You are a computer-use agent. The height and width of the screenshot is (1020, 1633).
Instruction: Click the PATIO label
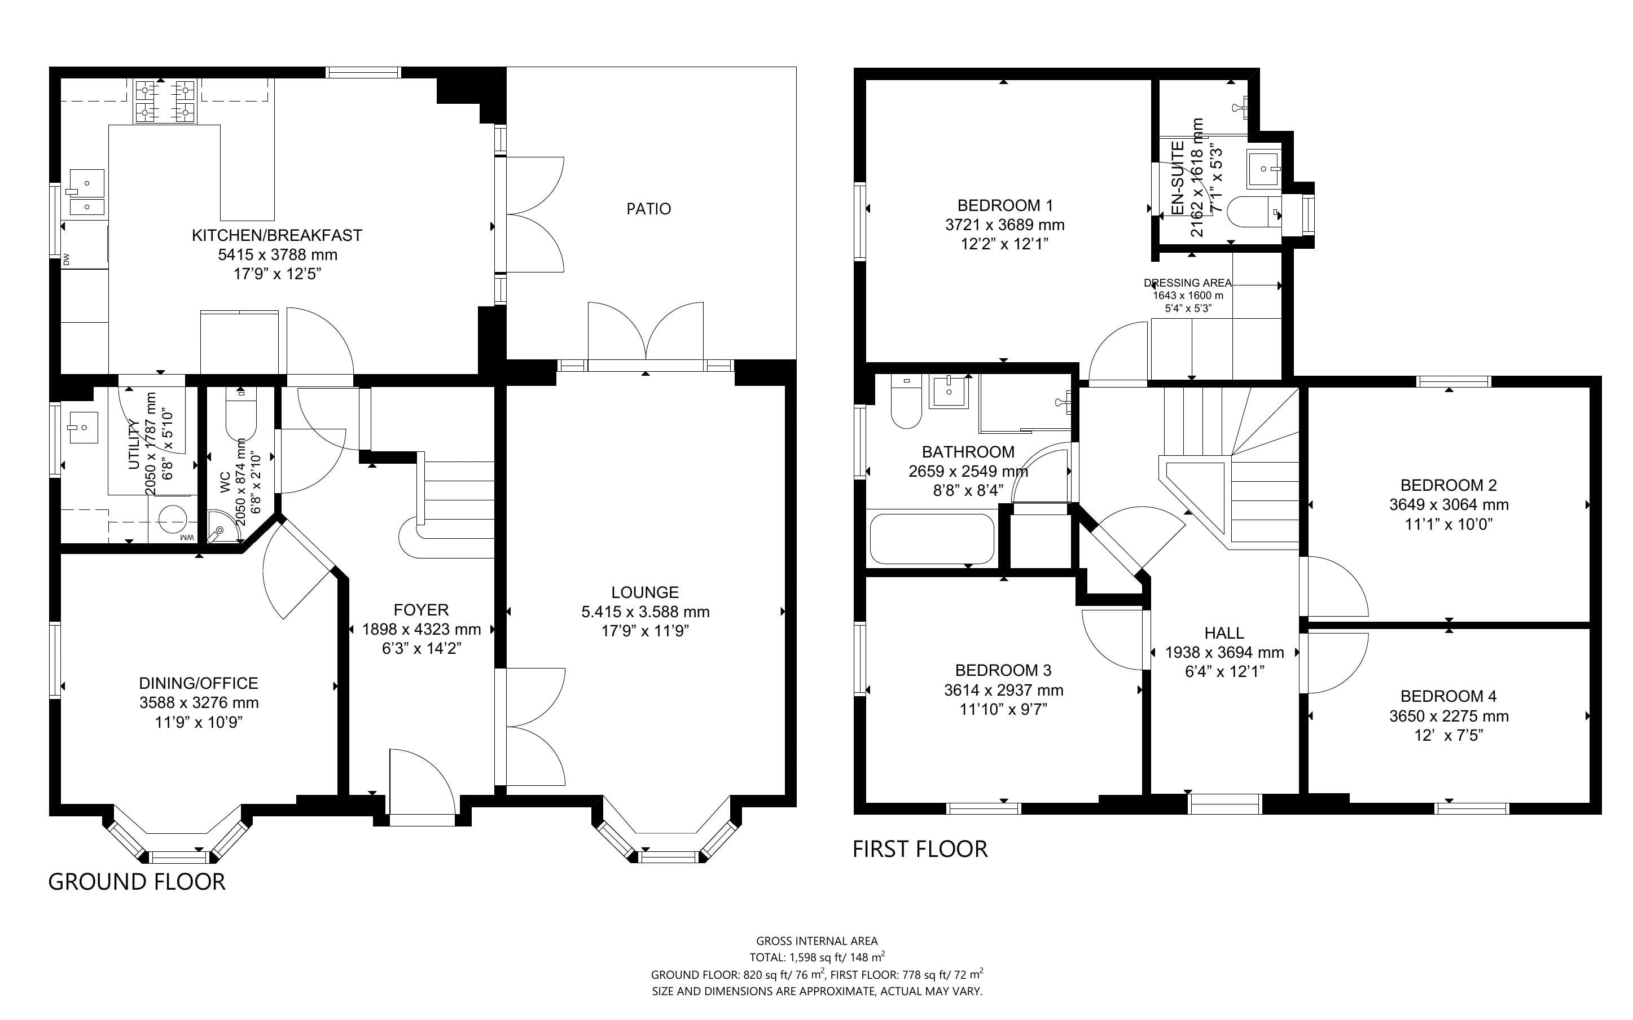648,209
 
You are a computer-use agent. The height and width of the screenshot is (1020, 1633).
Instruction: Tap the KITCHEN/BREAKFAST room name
276,235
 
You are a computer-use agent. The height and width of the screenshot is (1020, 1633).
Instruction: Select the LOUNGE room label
645,592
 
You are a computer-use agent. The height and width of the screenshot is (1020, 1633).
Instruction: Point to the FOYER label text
421,610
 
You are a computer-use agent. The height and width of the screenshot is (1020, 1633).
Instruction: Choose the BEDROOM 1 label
1004,205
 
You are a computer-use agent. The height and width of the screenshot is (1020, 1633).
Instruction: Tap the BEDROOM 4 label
1448,696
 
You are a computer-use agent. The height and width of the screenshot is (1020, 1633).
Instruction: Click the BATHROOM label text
968,452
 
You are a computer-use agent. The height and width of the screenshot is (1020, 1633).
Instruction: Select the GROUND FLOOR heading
137,882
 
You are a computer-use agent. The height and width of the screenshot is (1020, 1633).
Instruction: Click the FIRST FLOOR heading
920,848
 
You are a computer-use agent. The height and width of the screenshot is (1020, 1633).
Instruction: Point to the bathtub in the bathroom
932,539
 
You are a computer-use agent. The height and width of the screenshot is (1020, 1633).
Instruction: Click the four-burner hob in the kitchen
165,101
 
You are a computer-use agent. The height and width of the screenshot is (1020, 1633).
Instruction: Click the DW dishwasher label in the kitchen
66,259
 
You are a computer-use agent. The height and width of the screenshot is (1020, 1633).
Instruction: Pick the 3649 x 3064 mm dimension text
1448,504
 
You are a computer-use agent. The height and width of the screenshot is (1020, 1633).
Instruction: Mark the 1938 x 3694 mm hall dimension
1224,652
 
